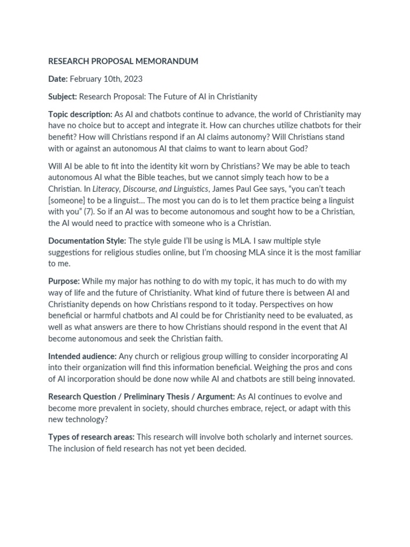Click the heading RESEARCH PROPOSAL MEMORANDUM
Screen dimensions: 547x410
pos(123,61)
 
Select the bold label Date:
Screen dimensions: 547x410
pos(58,79)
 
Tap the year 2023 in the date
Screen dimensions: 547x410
pos(133,79)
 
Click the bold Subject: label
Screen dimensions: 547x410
pos(63,97)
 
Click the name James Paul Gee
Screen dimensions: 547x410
pos(241,189)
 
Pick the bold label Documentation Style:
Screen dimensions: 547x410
pos(87,240)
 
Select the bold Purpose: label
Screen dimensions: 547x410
pos(64,281)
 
